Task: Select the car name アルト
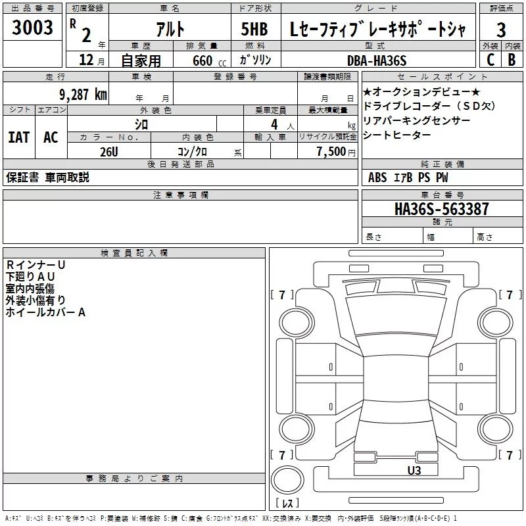tap(169, 30)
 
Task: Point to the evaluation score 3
tap(501, 30)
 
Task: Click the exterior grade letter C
tap(490, 60)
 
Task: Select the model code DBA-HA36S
tap(377, 60)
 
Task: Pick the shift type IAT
tap(18, 137)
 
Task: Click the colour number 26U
tap(109, 152)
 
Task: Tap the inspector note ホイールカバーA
tap(45, 312)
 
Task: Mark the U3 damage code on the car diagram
tap(414, 470)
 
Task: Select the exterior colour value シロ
tap(141, 124)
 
